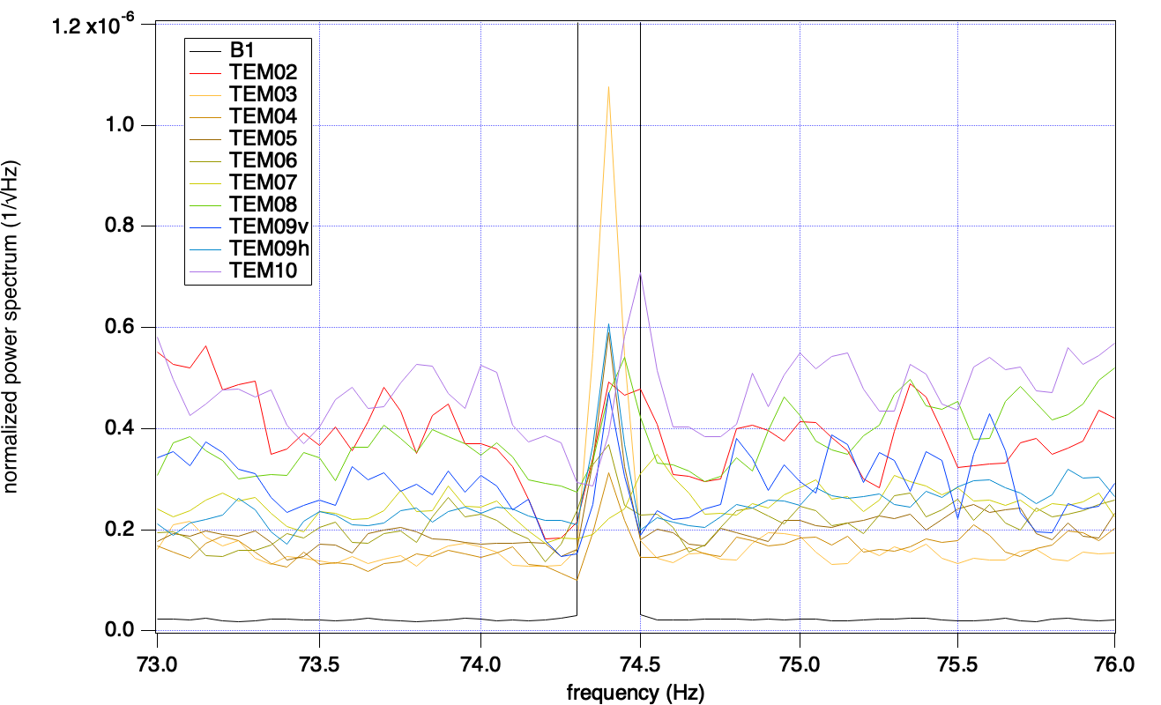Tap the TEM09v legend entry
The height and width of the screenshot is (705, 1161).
[263, 227]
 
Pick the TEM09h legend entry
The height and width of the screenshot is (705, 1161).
[263, 249]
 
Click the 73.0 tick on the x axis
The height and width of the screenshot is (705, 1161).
[157, 657]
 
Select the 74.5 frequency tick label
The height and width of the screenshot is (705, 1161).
[639, 657]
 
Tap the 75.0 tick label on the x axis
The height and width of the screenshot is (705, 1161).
[800, 657]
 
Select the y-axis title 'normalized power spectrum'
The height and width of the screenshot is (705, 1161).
[16, 327]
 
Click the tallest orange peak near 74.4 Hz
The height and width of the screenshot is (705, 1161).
[608, 86]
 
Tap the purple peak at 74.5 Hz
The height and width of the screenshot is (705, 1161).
[639, 274]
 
